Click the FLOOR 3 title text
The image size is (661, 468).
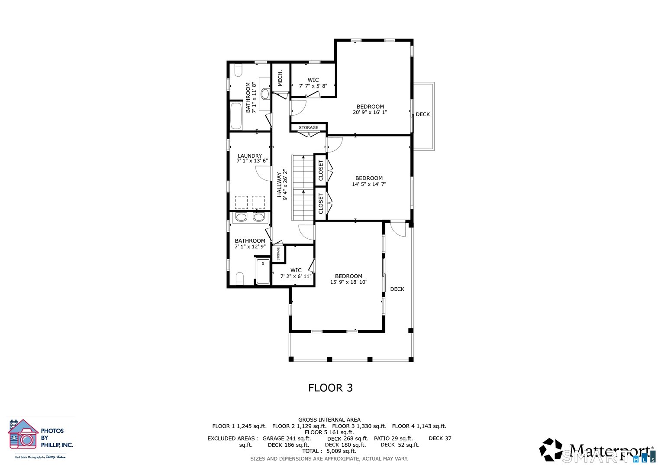(330, 388)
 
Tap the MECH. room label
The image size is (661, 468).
(280, 78)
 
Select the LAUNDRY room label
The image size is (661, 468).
(250, 156)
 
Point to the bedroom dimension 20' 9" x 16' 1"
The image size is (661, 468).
(370, 112)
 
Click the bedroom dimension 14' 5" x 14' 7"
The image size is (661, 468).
(369, 184)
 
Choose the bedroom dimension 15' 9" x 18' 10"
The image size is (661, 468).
(348, 282)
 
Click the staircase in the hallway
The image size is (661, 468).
(303, 187)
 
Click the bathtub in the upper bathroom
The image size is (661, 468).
(236, 115)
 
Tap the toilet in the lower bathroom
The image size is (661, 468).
(239, 278)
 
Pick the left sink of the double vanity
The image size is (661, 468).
(241, 217)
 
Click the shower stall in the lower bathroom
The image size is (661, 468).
(263, 271)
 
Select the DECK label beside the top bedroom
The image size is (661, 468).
(422, 114)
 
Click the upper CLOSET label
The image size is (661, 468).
(321, 170)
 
